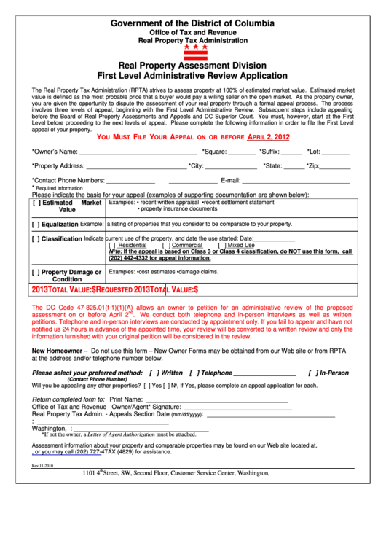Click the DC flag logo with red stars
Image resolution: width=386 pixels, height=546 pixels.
pyautogui.click(x=194, y=52)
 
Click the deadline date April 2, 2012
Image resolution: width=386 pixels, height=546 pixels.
pyautogui.click(x=269, y=137)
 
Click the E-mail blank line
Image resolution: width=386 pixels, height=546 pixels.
pyautogui.click(x=296, y=182)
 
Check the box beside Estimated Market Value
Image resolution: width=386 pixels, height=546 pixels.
pyautogui.click(x=36, y=203)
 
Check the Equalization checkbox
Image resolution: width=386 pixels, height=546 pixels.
pyautogui.click(x=36, y=225)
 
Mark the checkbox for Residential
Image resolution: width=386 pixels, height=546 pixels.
pyautogui.click(x=113, y=246)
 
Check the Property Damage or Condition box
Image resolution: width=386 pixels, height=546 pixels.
pyautogui.click(x=36, y=273)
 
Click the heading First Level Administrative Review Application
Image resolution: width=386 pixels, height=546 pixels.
pyautogui.click(x=193, y=75)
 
